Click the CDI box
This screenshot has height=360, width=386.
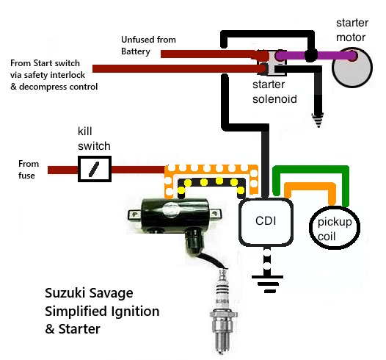pyautogui.click(x=266, y=222)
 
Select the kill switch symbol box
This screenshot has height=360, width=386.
pyautogui.click(x=95, y=169)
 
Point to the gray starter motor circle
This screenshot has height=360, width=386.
pyautogui.click(x=352, y=68)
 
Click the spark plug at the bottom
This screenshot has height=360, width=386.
pyautogui.click(x=223, y=312)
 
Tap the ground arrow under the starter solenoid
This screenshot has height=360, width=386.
pyautogui.click(x=318, y=120)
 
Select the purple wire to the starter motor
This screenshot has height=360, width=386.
pyautogui.click(x=316, y=55)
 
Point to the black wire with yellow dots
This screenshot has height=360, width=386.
pyautogui.click(x=211, y=182)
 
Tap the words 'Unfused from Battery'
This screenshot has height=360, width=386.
pyautogui.click(x=148, y=46)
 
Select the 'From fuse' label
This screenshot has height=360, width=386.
pyautogui.click(x=29, y=170)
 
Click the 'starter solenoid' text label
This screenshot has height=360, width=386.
pyautogui.click(x=274, y=92)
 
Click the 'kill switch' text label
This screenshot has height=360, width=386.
pyautogui.click(x=94, y=139)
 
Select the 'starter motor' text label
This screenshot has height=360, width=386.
pyautogui.click(x=352, y=30)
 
